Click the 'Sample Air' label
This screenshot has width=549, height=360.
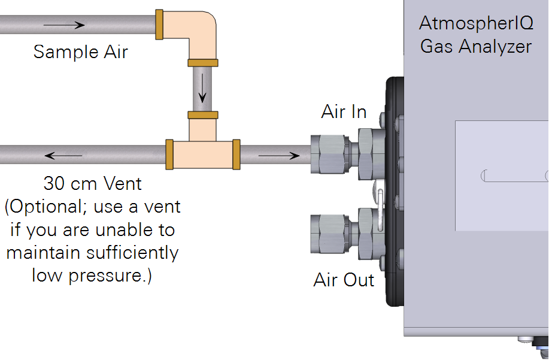point(80,52)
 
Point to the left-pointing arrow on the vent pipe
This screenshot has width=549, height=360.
point(63,156)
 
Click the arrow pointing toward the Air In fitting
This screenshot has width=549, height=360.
point(278,156)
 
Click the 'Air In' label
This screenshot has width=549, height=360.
point(344,111)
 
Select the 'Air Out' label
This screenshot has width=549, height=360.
point(344,280)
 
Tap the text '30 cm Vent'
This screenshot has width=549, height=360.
point(93,182)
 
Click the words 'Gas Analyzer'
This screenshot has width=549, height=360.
point(475,46)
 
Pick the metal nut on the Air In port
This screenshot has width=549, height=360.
point(330,153)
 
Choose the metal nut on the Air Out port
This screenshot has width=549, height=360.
point(330,232)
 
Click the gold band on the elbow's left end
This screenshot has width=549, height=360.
point(159,25)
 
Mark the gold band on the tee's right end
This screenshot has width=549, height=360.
point(236,154)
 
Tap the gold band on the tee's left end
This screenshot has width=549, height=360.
point(169,154)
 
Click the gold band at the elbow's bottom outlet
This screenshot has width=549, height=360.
point(203,63)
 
